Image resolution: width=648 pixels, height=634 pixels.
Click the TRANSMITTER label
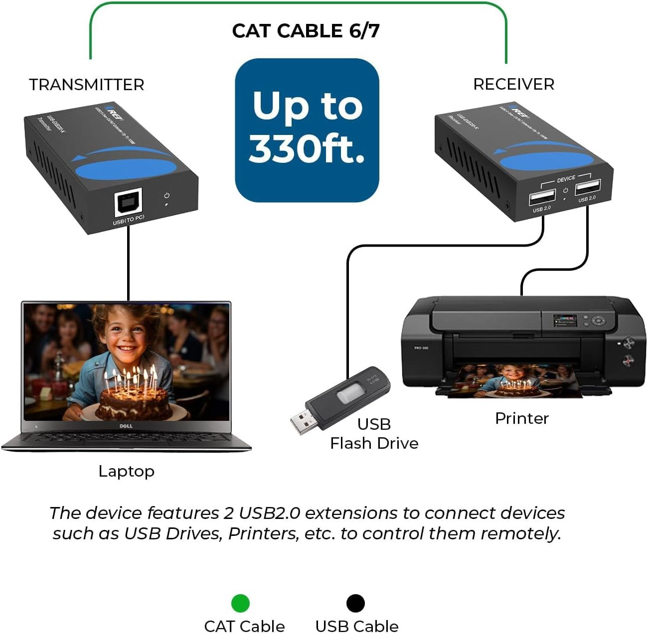86,85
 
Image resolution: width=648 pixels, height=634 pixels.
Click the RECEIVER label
513,84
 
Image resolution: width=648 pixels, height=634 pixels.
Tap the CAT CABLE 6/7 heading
306,31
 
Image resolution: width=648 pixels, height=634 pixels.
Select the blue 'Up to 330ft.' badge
307,130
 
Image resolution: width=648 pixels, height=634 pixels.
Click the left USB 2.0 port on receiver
542,197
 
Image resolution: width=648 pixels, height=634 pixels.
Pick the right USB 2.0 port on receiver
587,187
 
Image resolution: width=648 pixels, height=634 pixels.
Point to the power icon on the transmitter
166,196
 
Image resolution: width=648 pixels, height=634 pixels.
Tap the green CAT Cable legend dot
240,603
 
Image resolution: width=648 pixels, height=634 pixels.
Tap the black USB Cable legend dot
355,603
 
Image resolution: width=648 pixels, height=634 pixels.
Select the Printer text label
521,418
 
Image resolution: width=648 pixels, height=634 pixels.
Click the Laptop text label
126,471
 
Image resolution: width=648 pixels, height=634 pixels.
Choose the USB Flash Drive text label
374,434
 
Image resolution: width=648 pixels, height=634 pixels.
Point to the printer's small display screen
564,320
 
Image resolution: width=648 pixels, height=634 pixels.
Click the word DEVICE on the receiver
566,179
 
